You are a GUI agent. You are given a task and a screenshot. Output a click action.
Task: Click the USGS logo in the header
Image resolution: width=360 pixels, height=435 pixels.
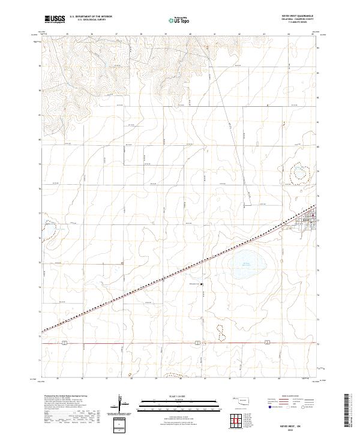tap(55, 19)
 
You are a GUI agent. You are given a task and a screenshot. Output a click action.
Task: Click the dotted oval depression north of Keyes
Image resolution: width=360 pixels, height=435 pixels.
tap(298, 174)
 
